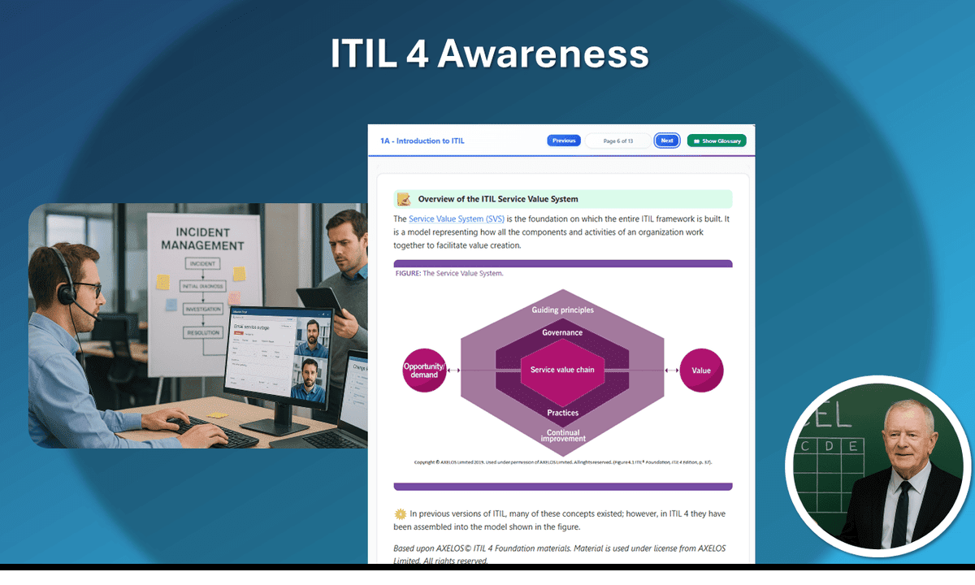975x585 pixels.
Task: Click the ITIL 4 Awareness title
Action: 489,54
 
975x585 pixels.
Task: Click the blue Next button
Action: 666,141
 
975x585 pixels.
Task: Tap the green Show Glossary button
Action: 717,141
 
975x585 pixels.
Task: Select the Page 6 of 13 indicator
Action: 617,141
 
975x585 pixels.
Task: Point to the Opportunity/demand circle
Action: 424,370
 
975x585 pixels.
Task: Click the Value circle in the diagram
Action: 700,370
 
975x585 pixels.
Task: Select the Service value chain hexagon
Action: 562,370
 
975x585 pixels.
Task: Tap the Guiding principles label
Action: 562,310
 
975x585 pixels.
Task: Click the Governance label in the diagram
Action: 562,332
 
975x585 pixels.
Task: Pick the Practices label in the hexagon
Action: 562,413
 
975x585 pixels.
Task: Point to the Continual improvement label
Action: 562,436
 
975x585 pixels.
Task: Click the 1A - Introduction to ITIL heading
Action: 422,141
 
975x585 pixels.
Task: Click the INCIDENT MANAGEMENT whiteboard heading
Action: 202,239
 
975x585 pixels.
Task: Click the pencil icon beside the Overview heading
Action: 403,199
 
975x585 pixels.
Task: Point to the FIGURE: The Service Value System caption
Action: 449,273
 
